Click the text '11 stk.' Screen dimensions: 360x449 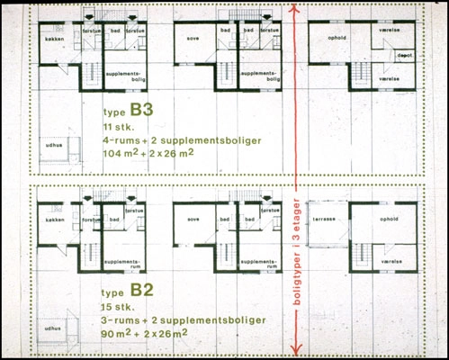tap(118, 131)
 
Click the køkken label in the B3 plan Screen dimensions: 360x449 tap(49, 40)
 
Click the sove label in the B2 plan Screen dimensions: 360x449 tap(191, 219)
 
